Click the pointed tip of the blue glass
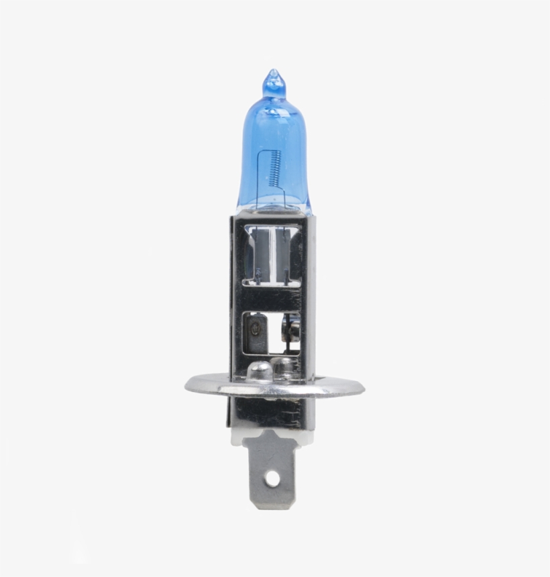[x=272, y=73]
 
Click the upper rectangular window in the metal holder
[x=272, y=256]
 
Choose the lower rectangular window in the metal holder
[x=272, y=332]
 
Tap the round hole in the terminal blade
[x=272, y=478]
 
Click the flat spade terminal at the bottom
[x=272, y=470]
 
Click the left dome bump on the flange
[x=259, y=371]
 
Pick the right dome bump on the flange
[x=284, y=368]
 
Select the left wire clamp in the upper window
[x=258, y=275]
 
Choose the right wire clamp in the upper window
[x=286, y=275]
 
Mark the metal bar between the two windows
[x=272, y=299]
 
